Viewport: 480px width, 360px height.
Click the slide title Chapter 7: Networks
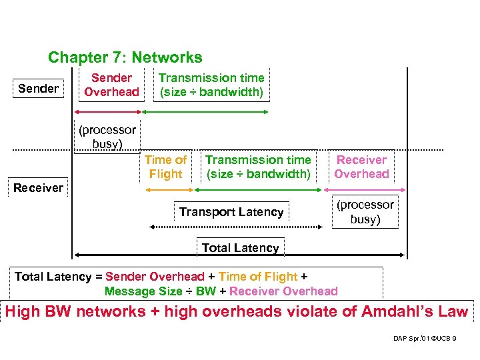125,58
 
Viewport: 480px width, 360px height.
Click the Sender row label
38,88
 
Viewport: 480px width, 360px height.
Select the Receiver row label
38,187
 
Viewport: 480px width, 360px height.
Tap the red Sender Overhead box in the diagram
111,85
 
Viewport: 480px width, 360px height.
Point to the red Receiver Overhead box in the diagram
361,167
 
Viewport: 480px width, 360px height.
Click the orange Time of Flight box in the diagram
165,167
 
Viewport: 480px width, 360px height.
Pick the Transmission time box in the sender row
211,85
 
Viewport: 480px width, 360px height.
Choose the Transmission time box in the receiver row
258,167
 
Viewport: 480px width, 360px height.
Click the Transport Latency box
231,212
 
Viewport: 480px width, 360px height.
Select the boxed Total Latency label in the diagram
240,247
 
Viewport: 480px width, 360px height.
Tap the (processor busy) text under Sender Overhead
107,137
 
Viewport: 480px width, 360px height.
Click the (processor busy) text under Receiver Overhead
365,212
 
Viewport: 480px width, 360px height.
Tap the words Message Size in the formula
143,291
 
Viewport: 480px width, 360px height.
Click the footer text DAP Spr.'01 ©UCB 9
425,339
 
